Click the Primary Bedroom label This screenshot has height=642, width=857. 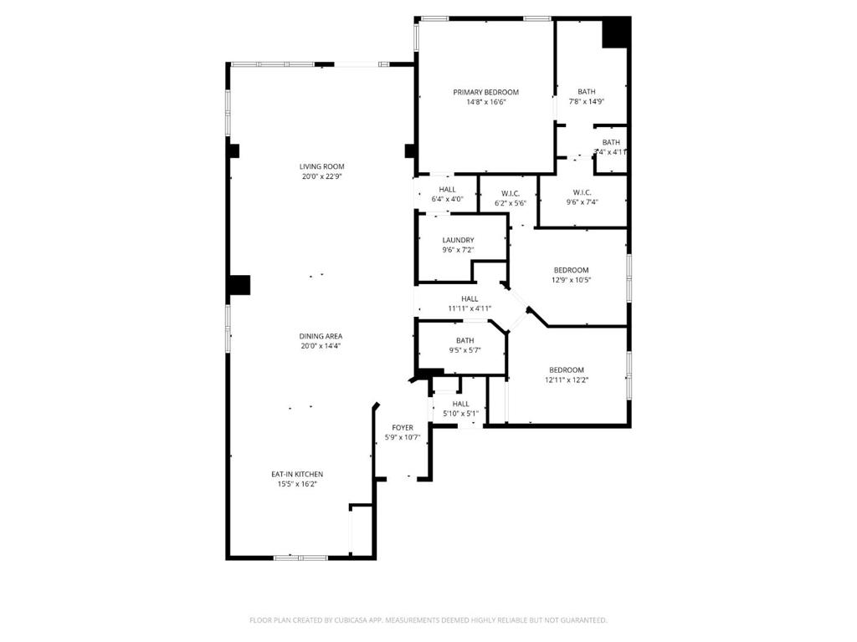[x=485, y=92]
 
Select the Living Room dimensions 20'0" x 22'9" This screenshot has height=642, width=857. [x=322, y=176]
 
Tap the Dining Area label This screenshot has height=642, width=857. [x=322, y=336]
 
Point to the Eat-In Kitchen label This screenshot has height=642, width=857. [x=297, y=474]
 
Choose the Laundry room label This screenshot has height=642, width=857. [x=458, y=240]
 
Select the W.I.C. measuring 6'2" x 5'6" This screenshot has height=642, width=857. [x=511, y=198]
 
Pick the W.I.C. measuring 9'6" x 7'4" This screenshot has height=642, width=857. [x=582, y=196]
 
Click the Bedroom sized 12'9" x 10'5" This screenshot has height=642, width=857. [x=571, y=275]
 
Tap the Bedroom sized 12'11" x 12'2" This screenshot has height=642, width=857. [x=567, y=374]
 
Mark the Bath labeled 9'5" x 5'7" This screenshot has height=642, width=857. [x=464, y=345]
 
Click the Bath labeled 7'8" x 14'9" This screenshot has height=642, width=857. [x=586, y=96]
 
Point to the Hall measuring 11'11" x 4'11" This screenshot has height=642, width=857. [x=469, y=303]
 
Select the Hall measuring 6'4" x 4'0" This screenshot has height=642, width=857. [x=447, y=194]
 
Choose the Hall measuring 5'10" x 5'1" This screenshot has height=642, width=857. [x=460, y=408]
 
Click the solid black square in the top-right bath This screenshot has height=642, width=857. [x=616, y=33]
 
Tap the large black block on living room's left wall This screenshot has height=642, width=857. [x=239, y=285]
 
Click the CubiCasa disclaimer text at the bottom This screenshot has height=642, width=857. [x=428, y=620]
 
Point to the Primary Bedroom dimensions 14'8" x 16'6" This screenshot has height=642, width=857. [x=485, y=102]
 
